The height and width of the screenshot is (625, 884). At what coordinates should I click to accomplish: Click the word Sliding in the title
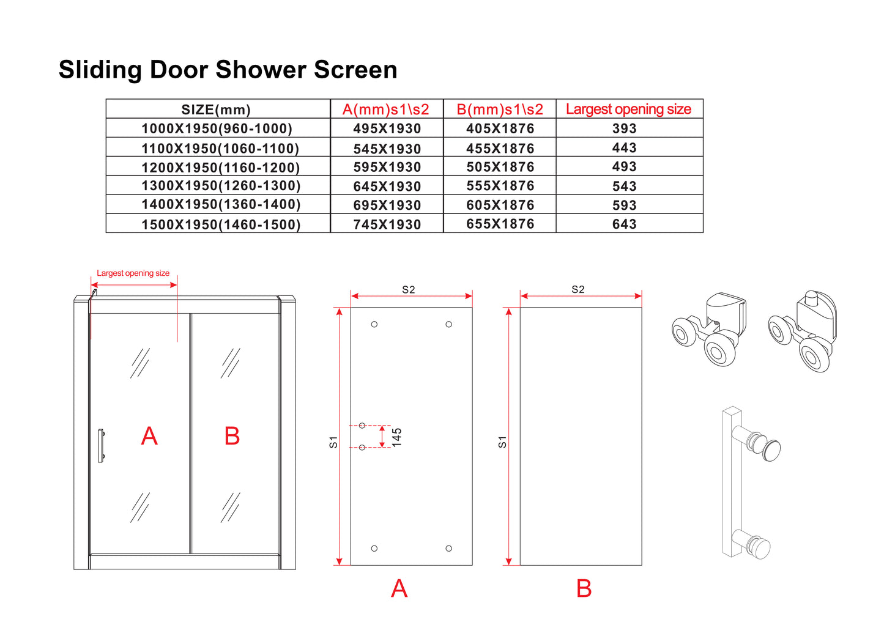click(x=100, y=70)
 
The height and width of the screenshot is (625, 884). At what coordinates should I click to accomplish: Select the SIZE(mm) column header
click(x=216, y=110)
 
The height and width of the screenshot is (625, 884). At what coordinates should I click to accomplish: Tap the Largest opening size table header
click(x=628, y=109)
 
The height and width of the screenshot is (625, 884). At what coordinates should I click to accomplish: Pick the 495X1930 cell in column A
click(x=387, y=129)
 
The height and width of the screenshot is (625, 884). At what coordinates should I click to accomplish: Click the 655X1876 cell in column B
click(x=500, y=224)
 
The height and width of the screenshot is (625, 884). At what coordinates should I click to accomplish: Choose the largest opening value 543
click(x=624, y=187)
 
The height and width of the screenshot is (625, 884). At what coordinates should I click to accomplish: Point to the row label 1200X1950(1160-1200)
click(x=220, y=168)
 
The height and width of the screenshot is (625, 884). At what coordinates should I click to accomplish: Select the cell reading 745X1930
click(x=387, y=224)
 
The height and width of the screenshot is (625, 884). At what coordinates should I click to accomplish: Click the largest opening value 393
click(x=624, y=129)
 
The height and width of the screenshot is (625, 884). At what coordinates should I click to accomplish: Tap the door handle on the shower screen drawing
click(x=101, y=445)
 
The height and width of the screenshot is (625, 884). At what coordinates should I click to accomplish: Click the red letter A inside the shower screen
click(x=149, y=436)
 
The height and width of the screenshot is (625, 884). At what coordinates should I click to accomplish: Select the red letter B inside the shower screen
click(x=232, y=436)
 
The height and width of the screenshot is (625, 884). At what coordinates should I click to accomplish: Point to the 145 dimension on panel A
click(x=396, y=437)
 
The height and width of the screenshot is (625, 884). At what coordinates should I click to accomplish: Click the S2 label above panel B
click(x=578, y=289)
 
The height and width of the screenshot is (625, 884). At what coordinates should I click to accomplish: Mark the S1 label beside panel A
click(x=333, y=442)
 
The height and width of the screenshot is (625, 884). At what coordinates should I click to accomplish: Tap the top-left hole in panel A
click(x=374, y=324)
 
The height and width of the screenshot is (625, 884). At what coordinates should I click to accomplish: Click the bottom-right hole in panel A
click(x=448, y=549)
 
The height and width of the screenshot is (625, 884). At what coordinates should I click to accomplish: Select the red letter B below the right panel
click(x=584, y=588)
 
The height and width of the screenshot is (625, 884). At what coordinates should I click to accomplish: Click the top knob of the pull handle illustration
click(x=771, y=449)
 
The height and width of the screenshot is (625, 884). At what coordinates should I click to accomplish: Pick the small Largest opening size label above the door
click(x=133, y=273)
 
